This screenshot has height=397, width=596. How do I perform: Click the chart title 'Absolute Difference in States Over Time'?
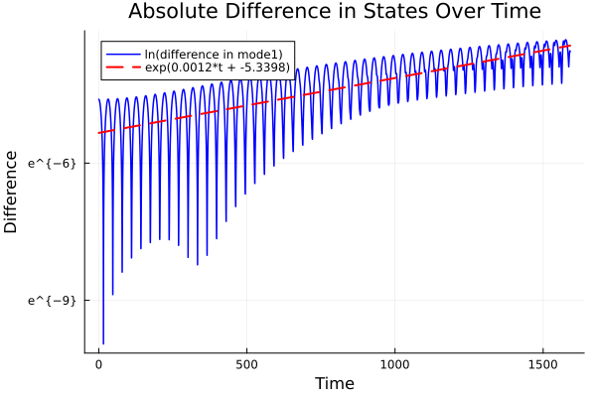pos(334,12)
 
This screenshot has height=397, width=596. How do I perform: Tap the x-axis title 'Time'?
pos(334,383)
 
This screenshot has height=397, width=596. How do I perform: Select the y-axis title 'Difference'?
pos(12,192)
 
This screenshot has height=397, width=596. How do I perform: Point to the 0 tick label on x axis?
pos(98,363)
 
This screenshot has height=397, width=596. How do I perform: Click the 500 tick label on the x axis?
pos(246,363)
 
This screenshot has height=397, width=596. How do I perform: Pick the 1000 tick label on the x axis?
pos(395,363)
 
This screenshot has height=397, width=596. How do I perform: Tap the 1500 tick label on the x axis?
pos(543,363)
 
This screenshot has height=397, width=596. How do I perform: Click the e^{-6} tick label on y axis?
pos(52,163)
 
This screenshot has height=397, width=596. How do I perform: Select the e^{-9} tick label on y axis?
pos(52,300)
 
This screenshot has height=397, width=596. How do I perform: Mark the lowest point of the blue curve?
pos(103,343)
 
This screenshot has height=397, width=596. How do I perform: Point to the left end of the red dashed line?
pos(98,133)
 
